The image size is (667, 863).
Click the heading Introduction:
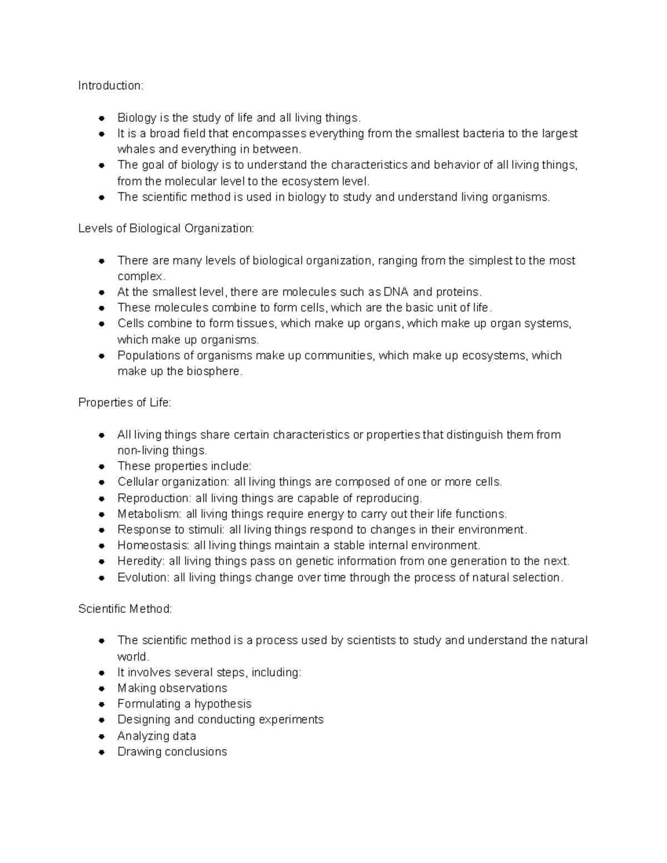click(111, 86)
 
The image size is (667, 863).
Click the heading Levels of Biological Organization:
click(166, 228)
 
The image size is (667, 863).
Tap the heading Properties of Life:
click(125, 402)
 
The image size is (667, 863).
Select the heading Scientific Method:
click(125, 609)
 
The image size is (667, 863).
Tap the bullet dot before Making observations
click(102, 689)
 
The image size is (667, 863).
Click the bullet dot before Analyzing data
click(102, 736)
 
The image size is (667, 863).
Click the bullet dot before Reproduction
click(102, 498)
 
